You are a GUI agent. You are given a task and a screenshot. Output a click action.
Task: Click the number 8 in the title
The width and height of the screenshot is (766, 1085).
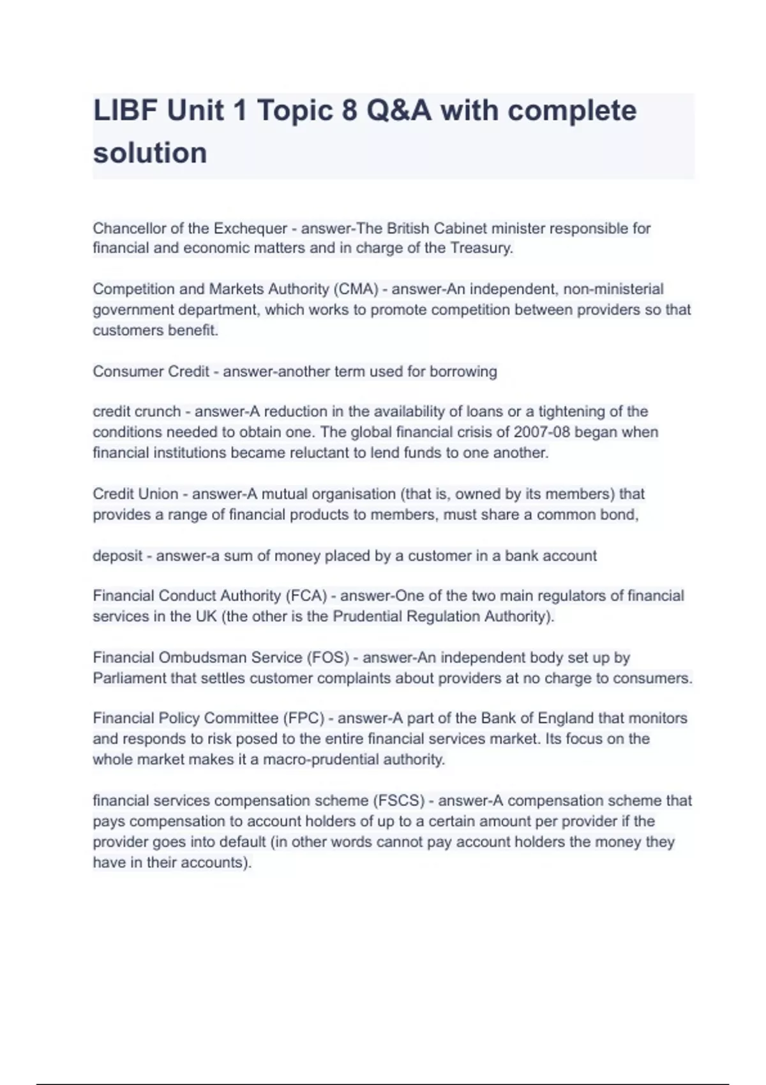tap(349, 111)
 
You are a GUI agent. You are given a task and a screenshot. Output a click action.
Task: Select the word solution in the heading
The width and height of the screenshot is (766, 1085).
tap(150, 153)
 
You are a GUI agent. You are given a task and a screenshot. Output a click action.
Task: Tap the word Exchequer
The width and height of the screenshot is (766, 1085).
tap(250, 228)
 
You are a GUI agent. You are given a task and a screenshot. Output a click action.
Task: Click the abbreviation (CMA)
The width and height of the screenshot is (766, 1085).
tap(356, 289)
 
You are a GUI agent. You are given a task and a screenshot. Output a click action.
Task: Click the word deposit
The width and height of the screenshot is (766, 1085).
tap(117, 556)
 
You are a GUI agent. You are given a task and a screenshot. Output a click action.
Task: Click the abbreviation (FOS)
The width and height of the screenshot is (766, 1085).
tap(328, 657)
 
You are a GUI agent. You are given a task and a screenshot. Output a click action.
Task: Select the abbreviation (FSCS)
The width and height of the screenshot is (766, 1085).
tap(399, 801)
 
